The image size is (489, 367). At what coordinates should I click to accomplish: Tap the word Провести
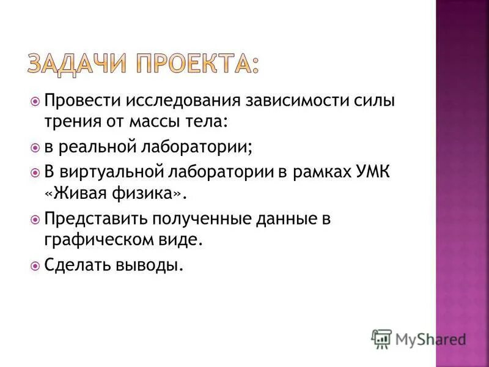click(84, 100)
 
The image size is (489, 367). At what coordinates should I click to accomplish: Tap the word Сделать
click(76, 266)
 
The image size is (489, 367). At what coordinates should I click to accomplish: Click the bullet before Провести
click(35, 100)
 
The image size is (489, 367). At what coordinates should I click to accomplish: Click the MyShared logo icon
click(381, 338)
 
